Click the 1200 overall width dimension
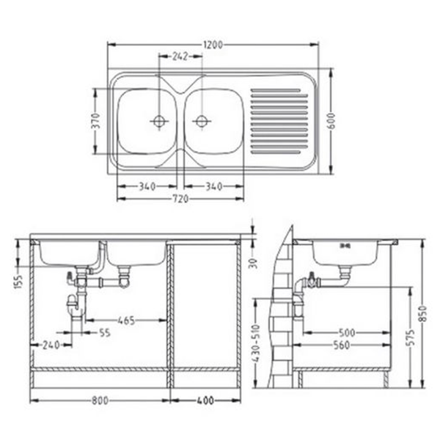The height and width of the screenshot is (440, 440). click(x=213, y=45)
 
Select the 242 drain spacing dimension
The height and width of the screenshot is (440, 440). click(x=180, y=56)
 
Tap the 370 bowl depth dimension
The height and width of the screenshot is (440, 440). click(x=96, y=121)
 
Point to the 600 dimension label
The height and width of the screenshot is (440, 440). click(x=331, y=121)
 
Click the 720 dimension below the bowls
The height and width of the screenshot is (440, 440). click(x=180, y=199)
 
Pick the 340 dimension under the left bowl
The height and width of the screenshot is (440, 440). click(x=147, y=186)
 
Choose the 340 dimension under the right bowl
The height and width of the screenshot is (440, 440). click(x=214, y=186)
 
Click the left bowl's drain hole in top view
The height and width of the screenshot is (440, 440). click(x=159, y=122)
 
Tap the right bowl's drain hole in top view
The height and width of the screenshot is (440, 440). click(x=201, y=122)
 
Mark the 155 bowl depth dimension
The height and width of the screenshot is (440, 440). click(x=18, y=281)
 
